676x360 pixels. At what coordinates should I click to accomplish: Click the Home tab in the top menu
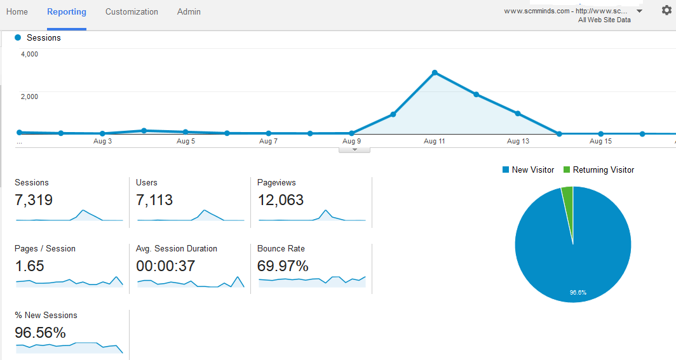click(17, 12)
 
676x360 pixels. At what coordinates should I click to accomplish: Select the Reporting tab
click(67, 12)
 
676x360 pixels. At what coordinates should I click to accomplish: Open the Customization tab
click(132, 12)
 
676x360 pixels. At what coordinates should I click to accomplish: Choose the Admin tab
click(189, 12)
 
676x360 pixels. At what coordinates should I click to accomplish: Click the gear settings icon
click(666, 10)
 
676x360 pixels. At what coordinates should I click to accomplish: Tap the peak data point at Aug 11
click(435, 72)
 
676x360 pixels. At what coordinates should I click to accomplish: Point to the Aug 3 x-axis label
click(102, 141)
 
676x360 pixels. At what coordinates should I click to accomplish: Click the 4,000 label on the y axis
click(29, 55)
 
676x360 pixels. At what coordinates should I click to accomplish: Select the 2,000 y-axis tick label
click(29, 97)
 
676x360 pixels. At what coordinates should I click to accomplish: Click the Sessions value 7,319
click(34, 200)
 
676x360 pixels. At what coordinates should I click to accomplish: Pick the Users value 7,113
click(154, 200)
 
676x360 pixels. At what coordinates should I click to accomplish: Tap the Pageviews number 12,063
click(280, 200)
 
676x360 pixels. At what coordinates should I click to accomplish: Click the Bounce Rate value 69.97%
click(283, 266)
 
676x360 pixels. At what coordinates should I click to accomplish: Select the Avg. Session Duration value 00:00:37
click(165, 266)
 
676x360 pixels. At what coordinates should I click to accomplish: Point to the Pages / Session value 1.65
click(29, 266)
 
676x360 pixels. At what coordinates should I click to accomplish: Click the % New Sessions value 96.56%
click(40, 333)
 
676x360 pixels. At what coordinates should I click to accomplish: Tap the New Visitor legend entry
click(528, 170)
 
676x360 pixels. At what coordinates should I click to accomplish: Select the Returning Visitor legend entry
click(598, 170)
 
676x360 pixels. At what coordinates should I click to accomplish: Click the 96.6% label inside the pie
click(578, 293)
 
